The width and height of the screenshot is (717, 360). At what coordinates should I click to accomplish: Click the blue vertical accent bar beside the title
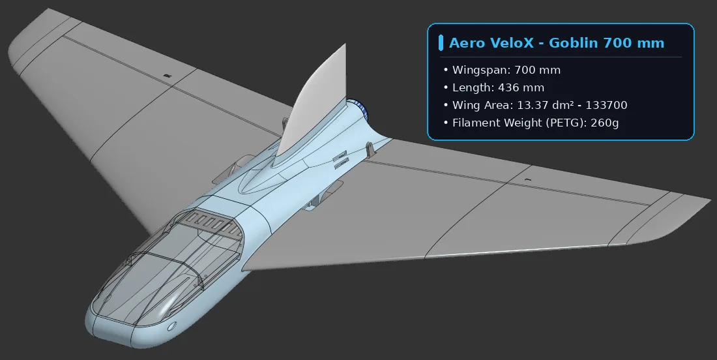(x=441, y=42)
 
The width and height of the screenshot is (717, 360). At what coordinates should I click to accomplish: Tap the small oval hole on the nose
(x=172, y=326)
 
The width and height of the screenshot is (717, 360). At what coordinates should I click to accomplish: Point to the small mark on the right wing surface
(x=529, y=180)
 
